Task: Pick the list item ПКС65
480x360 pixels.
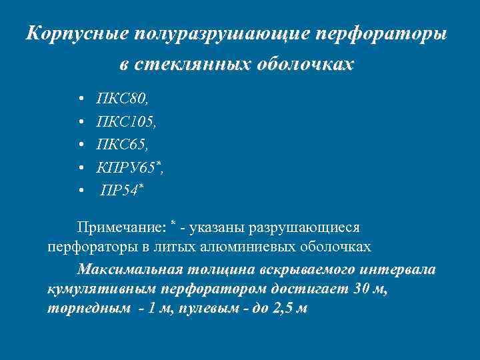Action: (123, 145)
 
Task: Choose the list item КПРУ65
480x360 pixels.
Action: (128, 167)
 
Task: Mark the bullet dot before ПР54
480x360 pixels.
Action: (81, 191)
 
